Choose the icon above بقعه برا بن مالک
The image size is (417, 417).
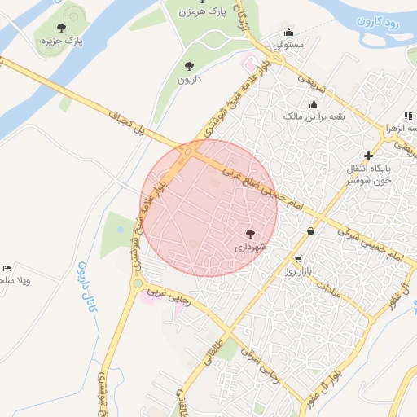click(x=314, y=103)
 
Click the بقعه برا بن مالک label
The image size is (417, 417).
click(x=314, y=116)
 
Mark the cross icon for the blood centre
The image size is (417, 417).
click(x=368, y=155)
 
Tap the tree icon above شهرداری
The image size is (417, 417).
click(x=250, y=233)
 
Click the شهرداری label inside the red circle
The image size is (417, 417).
click(x=250, y=245)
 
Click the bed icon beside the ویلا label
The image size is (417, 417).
click(x=7, y=268)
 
